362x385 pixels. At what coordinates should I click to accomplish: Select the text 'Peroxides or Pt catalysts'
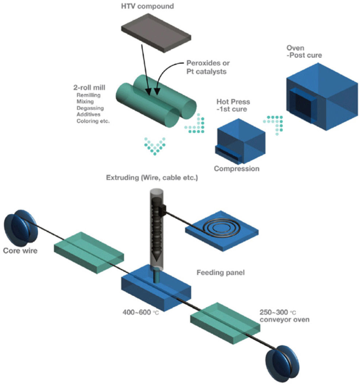(207, 67)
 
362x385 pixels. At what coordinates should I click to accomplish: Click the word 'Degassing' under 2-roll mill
(90, 108)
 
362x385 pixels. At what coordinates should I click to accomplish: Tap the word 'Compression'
(236, 169)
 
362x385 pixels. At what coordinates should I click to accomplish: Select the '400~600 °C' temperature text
(141, 312)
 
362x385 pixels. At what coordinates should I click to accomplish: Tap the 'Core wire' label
(20, 251)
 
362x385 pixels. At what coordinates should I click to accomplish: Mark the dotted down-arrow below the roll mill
(155, 146)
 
